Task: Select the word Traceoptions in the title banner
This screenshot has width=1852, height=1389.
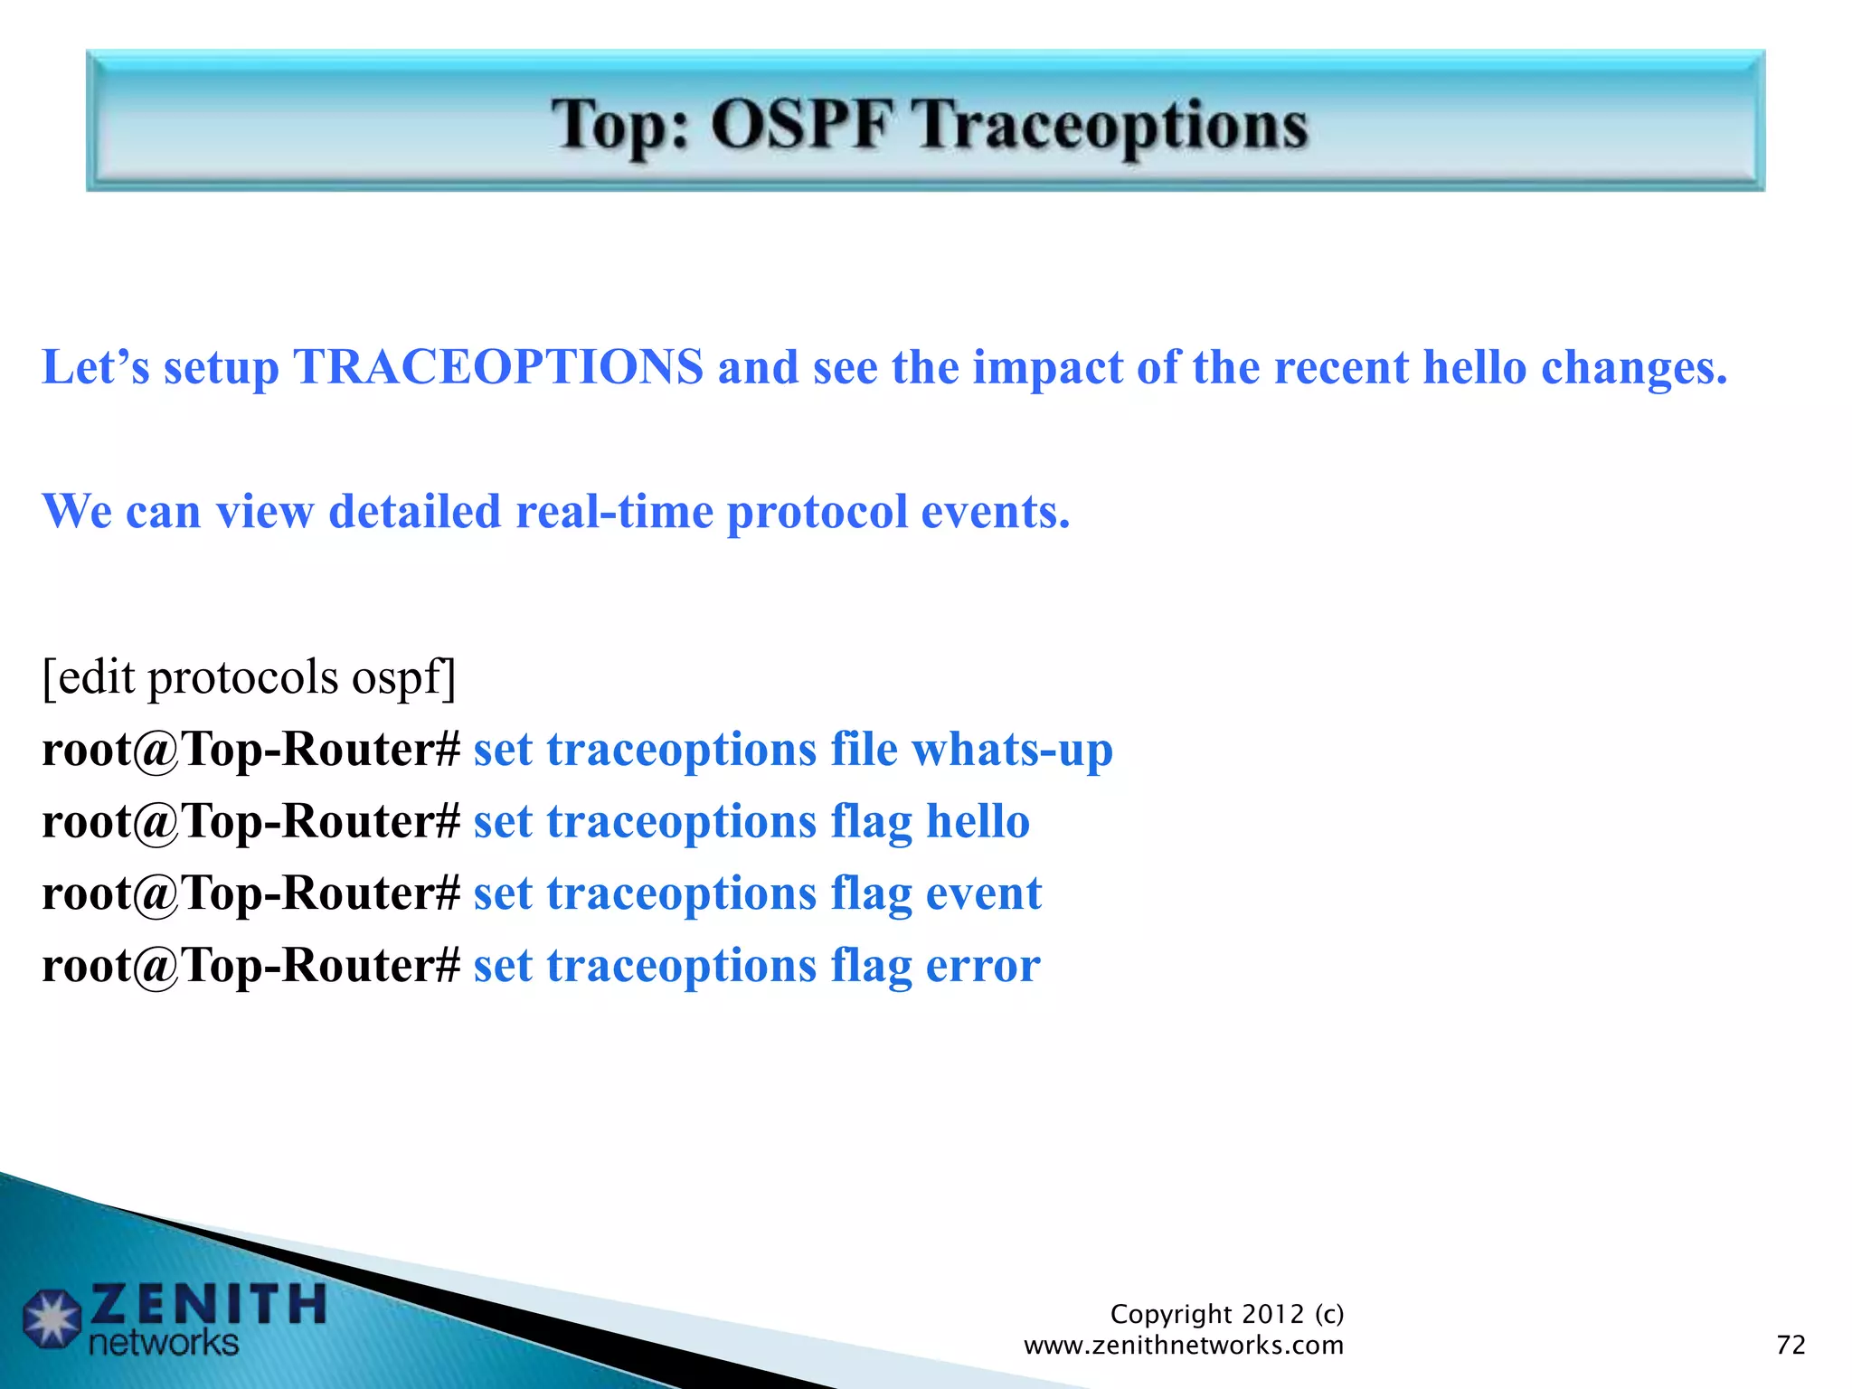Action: (x=1110, y=126)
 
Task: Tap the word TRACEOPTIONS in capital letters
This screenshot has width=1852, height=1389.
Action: (x=498, y=367)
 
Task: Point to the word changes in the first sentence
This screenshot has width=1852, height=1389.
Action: (x=1634, y=367)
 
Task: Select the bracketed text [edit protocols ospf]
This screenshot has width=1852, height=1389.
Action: (x=249, y=676)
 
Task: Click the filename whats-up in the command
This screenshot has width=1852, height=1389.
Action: (x=1012, y=750)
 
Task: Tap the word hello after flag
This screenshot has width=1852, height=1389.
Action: (x=978, y=821)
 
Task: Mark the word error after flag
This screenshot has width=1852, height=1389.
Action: (x=982, y=966)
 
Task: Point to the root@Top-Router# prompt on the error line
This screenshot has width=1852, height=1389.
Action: (x=251, y=966)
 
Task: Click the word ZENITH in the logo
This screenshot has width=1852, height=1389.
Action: (x=208, y=1304)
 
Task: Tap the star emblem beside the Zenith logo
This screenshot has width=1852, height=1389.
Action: (x=52, y=1318)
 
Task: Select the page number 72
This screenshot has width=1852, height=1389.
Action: (x=1791, y=1345)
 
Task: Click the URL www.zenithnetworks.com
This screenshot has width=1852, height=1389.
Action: (x=1183, y=1346)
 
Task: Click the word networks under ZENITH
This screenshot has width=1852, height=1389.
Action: (x=164, y=1343)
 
